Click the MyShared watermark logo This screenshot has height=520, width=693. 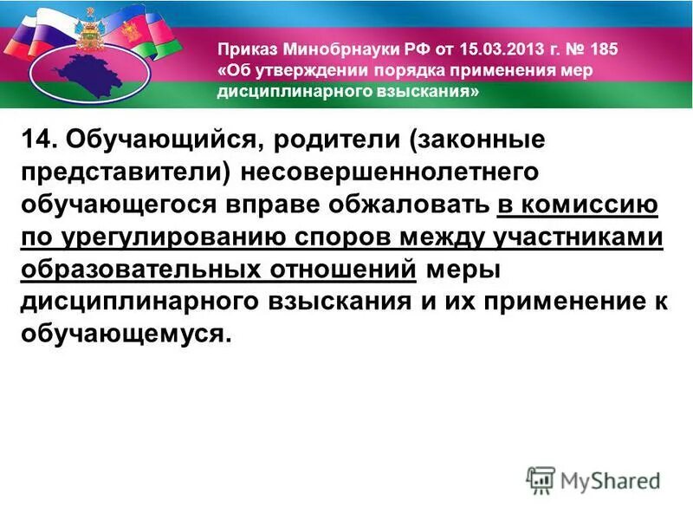point(593,479)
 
